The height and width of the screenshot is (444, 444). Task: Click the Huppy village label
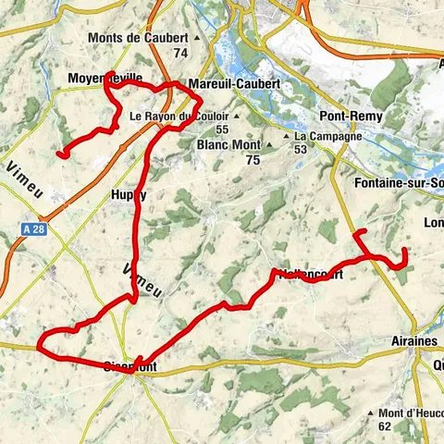129,195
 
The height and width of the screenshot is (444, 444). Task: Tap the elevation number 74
179,54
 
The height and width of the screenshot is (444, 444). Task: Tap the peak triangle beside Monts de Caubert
195,38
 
